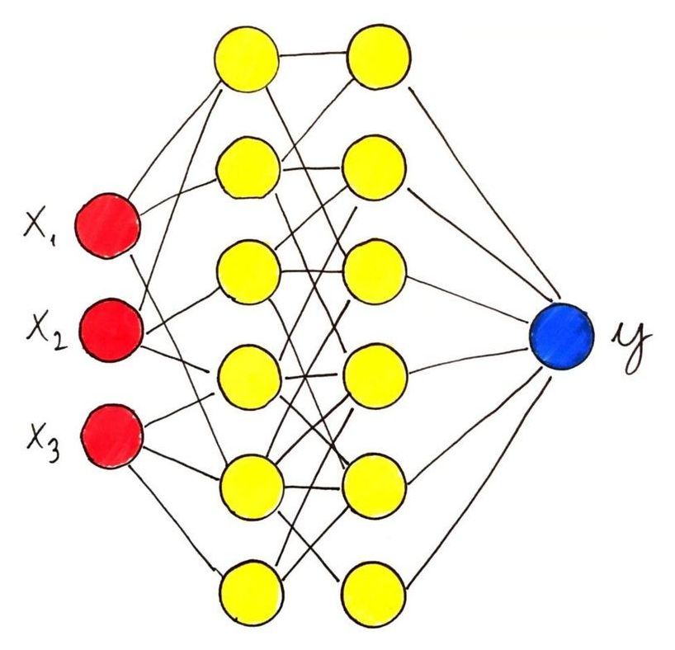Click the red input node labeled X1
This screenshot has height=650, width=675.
point(107,226)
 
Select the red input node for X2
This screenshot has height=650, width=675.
point(111,330)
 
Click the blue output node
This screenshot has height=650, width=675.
point(562,337)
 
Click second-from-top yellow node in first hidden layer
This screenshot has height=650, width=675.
point(248,168)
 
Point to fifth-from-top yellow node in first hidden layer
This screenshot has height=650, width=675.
point(252,484)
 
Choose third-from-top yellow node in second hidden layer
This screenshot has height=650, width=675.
point(375,273)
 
